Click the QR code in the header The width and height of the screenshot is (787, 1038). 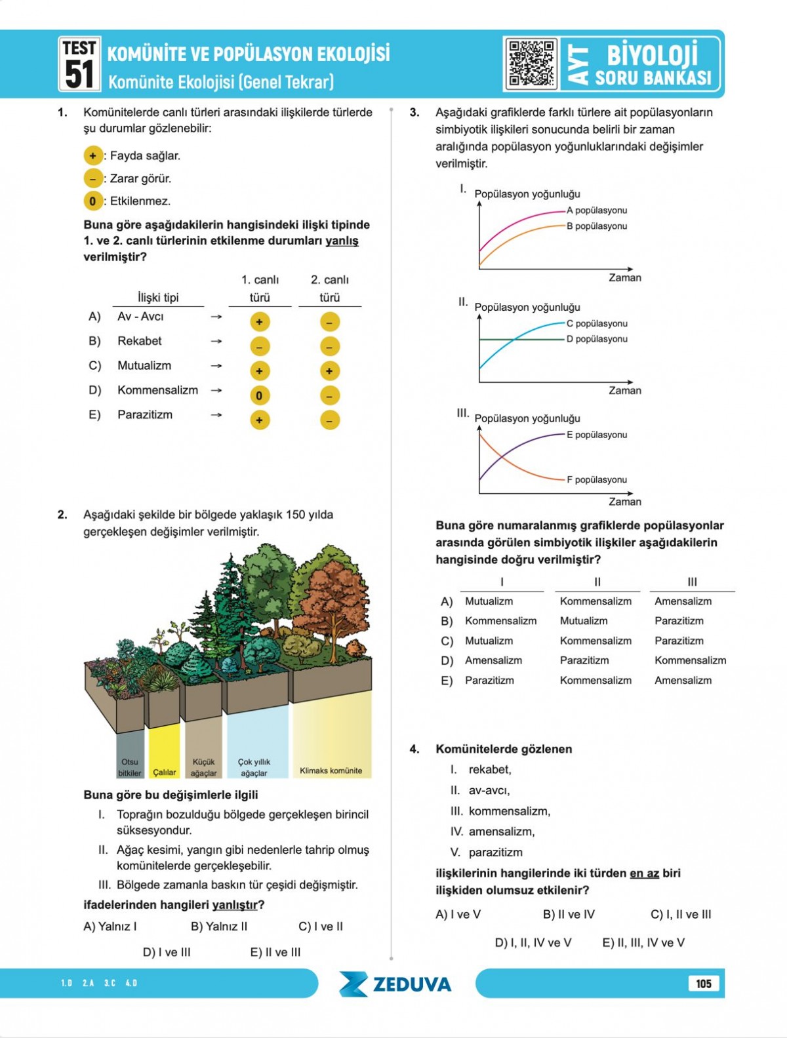pos(532,64)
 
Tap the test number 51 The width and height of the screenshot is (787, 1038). pos(79,73)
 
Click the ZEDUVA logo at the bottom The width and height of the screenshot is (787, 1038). pos(395,984)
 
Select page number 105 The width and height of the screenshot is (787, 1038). pos(703,984)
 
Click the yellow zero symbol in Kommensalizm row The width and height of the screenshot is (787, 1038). pos(260,395)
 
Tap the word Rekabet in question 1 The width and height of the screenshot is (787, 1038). pos(139,341)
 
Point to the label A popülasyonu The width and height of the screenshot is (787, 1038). pos(597,210)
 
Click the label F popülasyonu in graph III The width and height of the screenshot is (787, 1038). pos(597,479)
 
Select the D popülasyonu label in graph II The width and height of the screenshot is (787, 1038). pos(597,339)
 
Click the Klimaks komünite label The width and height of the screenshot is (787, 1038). pos(331,770)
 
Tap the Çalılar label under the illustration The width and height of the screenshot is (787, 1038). pos(164,772)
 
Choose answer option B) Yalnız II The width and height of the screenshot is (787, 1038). pos(219,927)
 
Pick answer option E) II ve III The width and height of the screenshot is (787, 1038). pos(275,952)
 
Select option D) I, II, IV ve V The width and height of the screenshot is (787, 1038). pos(533,942)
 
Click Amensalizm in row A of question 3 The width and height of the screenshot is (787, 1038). pos(683,601)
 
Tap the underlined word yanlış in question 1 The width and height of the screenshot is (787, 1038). pos(342,241)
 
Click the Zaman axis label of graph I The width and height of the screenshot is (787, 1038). pos(624,278)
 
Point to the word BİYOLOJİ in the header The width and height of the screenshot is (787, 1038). pos(652,55)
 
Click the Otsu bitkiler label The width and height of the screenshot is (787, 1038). pos(130,767)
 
